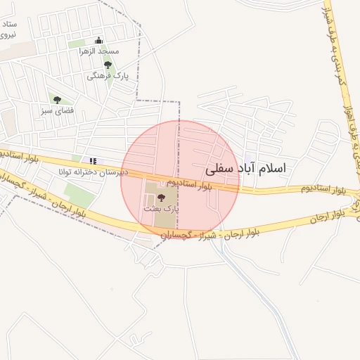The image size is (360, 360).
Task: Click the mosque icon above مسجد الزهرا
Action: pos(98,40)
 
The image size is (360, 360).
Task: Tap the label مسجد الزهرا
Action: pos(99,52)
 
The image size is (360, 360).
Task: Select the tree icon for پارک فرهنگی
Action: pos(108,65)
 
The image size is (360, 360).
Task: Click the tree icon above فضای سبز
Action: pos(57,100)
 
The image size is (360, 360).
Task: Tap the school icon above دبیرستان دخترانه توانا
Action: pos(92,161)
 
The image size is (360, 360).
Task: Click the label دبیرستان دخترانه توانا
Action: pos(93,172)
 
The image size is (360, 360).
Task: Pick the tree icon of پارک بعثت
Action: pos(162,198)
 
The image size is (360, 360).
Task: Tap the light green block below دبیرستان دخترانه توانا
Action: pos(79,194)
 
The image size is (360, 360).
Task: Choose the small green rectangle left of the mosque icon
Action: pos(77,44)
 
